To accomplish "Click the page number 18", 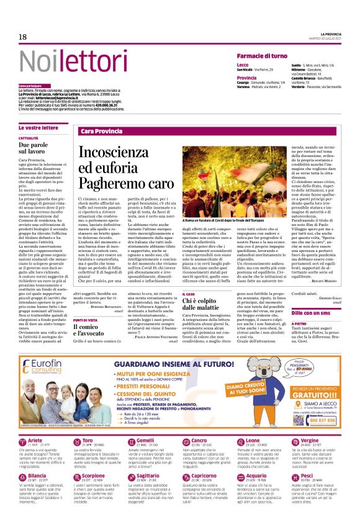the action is pos(22,38).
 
